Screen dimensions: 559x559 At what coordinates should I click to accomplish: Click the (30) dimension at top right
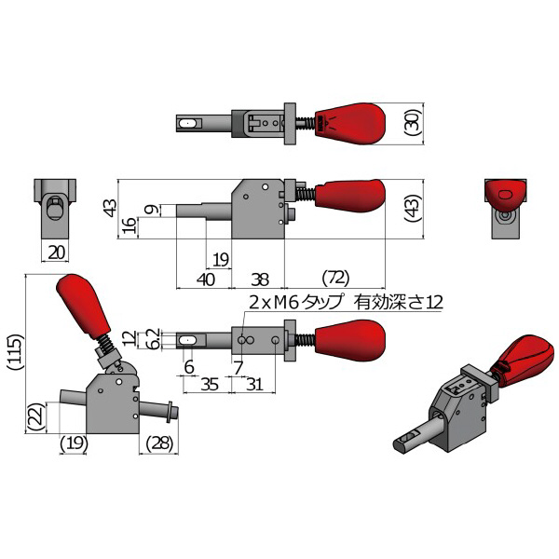click(413, 123)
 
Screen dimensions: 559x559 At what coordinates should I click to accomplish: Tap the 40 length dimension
click(206, 279)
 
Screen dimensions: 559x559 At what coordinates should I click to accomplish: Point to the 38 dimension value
click(260, 279)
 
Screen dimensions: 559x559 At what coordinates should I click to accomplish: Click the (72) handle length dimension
click(335, 278)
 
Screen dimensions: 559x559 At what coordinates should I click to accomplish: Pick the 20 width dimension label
click(56, 253)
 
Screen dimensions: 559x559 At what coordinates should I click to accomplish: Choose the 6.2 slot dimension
click(154, 339)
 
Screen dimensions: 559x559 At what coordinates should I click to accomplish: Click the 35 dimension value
click(210, 385)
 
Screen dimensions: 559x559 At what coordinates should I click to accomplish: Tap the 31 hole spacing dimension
click(254, 385)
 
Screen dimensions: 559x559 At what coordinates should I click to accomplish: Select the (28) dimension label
click(159, 443)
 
